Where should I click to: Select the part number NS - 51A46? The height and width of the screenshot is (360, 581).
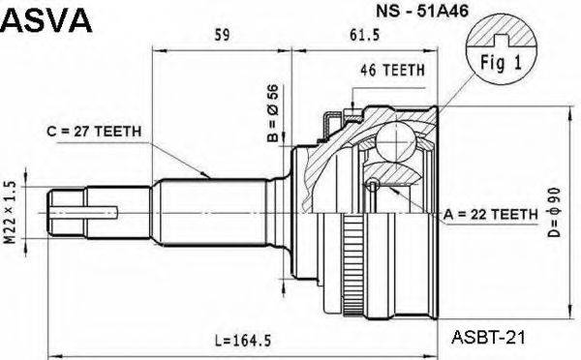tap(422, 11)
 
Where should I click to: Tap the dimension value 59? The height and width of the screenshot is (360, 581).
tap(222, 35)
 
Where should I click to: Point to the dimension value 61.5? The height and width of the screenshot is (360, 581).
tap(365, 35)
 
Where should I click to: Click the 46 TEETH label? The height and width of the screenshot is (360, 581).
tap(392, 70)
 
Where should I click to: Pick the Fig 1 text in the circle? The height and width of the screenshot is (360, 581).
tap(501, 63)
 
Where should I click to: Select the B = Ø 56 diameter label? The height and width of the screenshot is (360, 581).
tap(273, 113)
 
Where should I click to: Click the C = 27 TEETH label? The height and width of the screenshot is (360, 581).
tap(94, 131)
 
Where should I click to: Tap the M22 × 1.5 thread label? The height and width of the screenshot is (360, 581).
tap(10, 212)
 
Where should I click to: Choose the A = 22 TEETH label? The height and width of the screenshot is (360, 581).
tap(491, 214)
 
